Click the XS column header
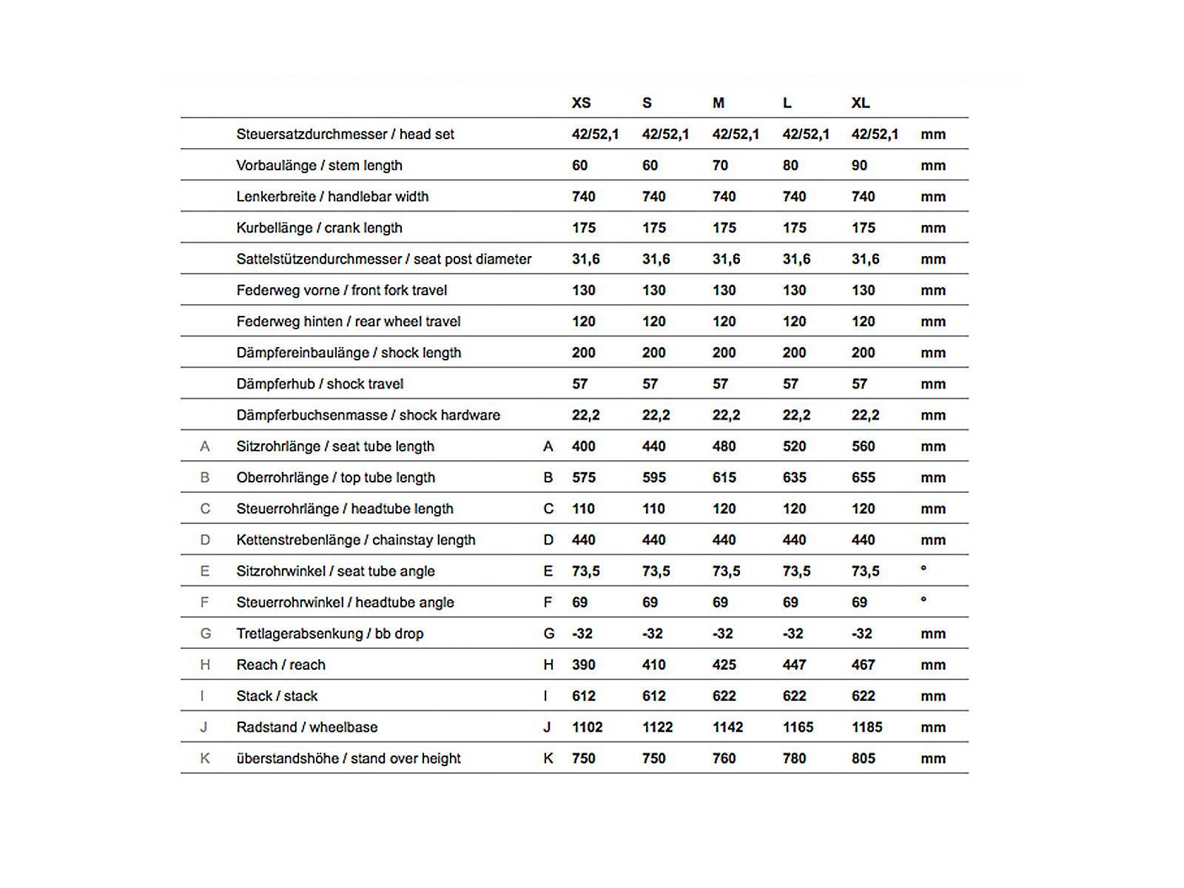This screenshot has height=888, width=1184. (581, 103)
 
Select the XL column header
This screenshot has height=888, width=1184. (860, 103)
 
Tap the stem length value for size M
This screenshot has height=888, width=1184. (720, 165)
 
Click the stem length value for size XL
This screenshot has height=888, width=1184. (859, 165)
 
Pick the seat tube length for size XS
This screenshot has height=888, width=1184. (583, 446)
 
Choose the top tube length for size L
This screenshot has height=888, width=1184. (794, 477)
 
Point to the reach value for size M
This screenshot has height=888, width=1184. (724, 665)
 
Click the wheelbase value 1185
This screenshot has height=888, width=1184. (867, 727)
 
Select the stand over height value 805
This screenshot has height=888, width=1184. (863, 758)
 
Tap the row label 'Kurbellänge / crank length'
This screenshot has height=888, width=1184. (319, 228)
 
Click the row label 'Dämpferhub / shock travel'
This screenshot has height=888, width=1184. (320, 384)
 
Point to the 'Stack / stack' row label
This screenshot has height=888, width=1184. (277, 696)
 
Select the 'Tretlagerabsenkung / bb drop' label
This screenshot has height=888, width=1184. (329, 633)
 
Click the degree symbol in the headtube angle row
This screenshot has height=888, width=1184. (923, 599)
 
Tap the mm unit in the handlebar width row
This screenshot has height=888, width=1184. (932, 197)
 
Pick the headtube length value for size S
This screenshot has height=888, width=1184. (653, 508)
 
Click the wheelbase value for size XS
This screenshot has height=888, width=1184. (587, 727)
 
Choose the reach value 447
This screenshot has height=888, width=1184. (794, 665)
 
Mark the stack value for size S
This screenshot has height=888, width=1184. (653, 696)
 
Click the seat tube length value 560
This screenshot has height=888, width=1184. (863, 446)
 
